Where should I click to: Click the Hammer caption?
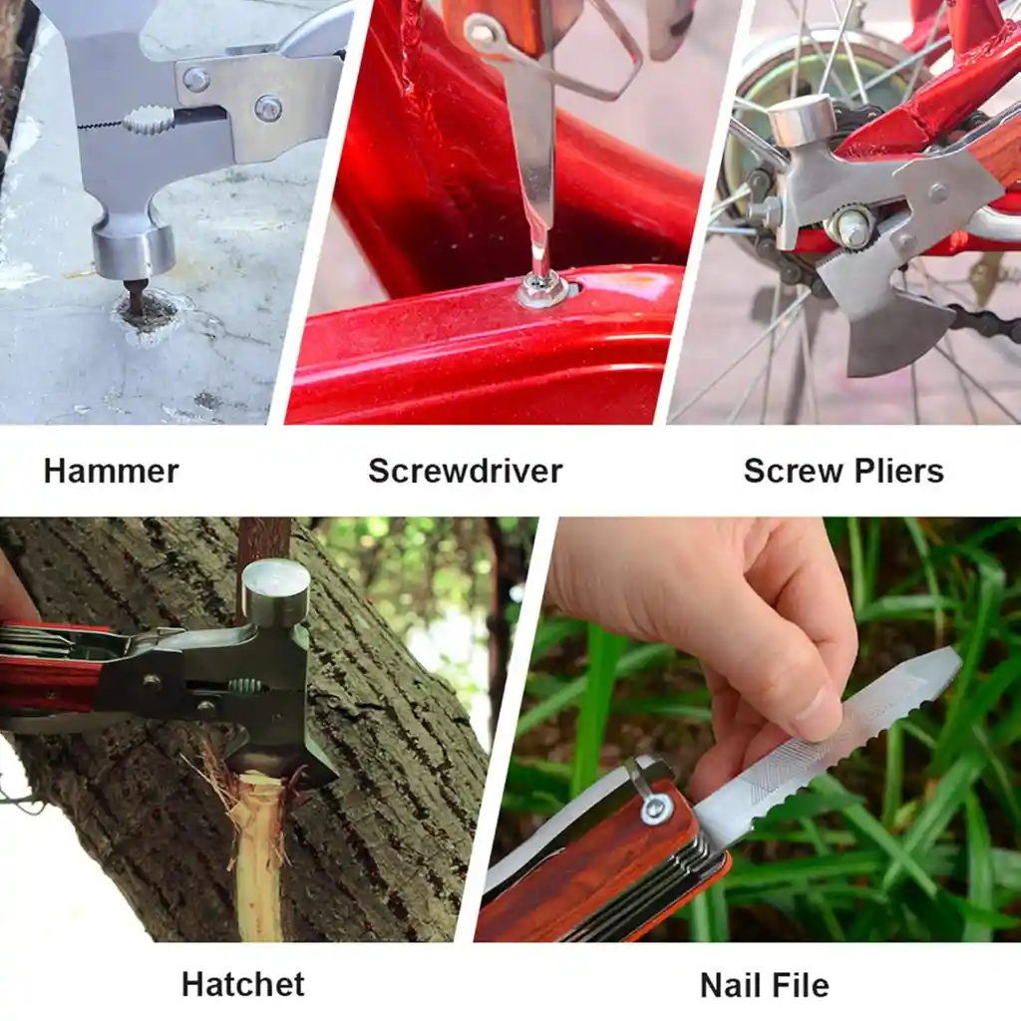pyautogui.click(x=111, y=471)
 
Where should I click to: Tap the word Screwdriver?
pyautogui.click(x=465, y=471)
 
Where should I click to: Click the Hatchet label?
pyautogui.click(x=243, y=984)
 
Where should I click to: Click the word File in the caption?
pyautogui.click(x=795, y=984)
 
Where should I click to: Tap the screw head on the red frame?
pyautogui.click(x=541, y=290)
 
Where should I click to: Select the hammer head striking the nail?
pyautogui.click(x=134, y=250)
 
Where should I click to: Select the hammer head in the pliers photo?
pyautogui.click(x=801, y=121)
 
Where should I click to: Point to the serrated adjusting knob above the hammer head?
pyautogui.click(x=150, y=120)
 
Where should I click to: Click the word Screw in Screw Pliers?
pyautogui.click(x=793, y=471)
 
